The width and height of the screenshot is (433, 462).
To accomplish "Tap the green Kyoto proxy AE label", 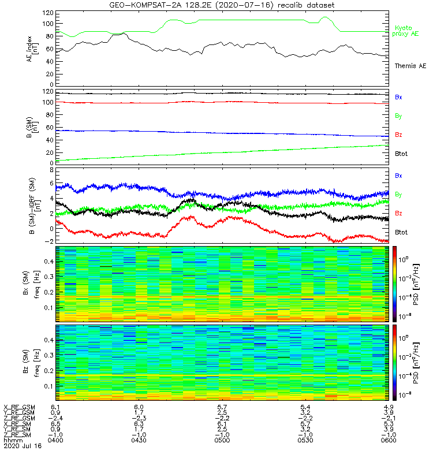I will (x=407, y=31).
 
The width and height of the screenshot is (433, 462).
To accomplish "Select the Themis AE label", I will (x=409, y=66).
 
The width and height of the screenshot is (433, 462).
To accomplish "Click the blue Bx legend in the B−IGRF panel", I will (x=398, y=175).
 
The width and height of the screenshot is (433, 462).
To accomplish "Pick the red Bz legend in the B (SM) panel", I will (x=398, y=135).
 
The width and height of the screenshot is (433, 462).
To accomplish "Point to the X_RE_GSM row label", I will (x=19, y=407).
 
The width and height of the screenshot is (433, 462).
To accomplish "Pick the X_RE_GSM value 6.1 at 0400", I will (x=55, y=407).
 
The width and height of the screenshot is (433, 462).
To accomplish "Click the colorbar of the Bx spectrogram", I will (x=395, y=284).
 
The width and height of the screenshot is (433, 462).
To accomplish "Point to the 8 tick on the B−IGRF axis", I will (x=50, y=171).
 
